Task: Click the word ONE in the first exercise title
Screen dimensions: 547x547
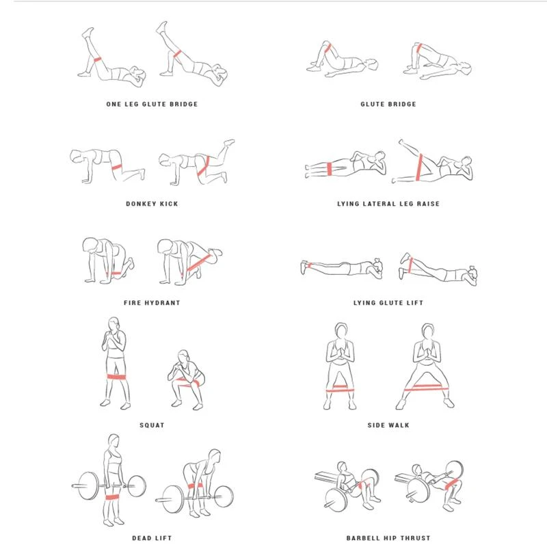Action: (114, 104)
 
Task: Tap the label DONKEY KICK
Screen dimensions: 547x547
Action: (152, 204)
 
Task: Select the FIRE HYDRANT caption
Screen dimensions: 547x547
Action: (152, 303)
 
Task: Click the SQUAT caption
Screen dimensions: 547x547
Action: (152, 425)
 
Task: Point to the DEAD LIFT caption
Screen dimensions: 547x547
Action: (152, 538)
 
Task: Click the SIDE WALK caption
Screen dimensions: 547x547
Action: (388, 425)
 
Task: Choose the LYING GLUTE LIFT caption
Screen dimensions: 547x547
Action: (388, 303)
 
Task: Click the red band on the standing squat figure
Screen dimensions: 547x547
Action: (116, 377)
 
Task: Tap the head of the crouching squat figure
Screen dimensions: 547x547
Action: (183, 356)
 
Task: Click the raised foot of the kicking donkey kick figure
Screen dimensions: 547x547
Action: (229, 142)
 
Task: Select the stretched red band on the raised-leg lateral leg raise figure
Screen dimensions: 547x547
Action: (420, 167)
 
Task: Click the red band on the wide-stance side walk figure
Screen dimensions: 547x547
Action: (426, 388)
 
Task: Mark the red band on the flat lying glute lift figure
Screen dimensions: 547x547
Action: (309, 266)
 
